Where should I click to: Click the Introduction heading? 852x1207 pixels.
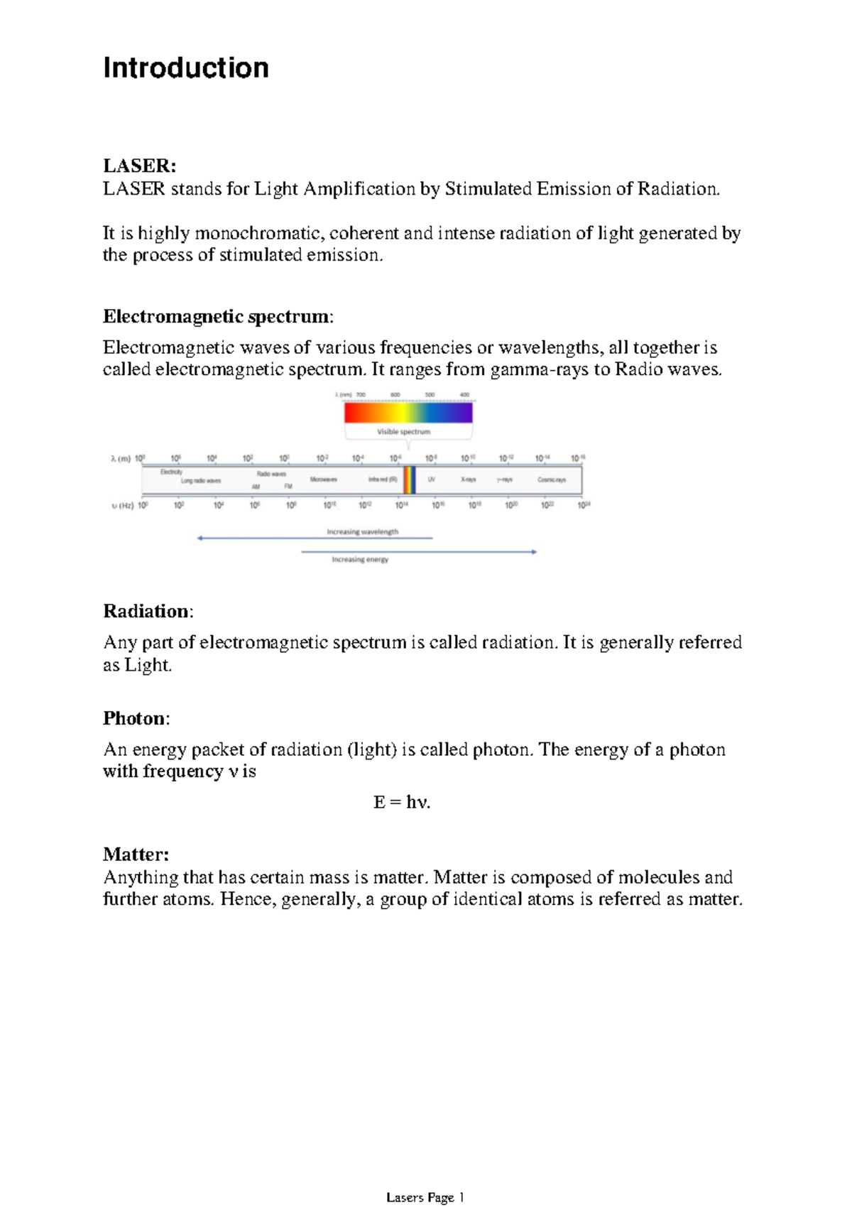tap(186, 68)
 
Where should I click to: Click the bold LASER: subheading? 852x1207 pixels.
tap(139, 166)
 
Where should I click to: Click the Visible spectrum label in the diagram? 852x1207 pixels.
tap(403, 432)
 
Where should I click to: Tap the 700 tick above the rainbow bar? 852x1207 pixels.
tap(361, 395)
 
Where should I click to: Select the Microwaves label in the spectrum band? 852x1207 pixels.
tap(323, 480)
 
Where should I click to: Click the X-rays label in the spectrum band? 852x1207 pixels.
tap(469, 480)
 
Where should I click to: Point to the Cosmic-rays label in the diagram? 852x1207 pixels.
tap(552, 480)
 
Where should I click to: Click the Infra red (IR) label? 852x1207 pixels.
tap(383, 480)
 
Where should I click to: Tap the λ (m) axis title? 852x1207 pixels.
tap(121, 459)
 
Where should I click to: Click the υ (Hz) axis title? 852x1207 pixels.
tap(122, 506)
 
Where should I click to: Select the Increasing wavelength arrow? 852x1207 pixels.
tap(315, 538)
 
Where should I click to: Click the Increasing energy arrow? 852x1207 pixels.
tap(419, 552)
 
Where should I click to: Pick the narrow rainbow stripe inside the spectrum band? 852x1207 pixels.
tap(410, 480)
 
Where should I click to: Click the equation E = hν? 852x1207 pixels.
tap(402, 803)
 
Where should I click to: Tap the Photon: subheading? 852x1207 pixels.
tap(136, 718)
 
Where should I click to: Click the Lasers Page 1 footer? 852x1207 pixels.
tap(425, 1198)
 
